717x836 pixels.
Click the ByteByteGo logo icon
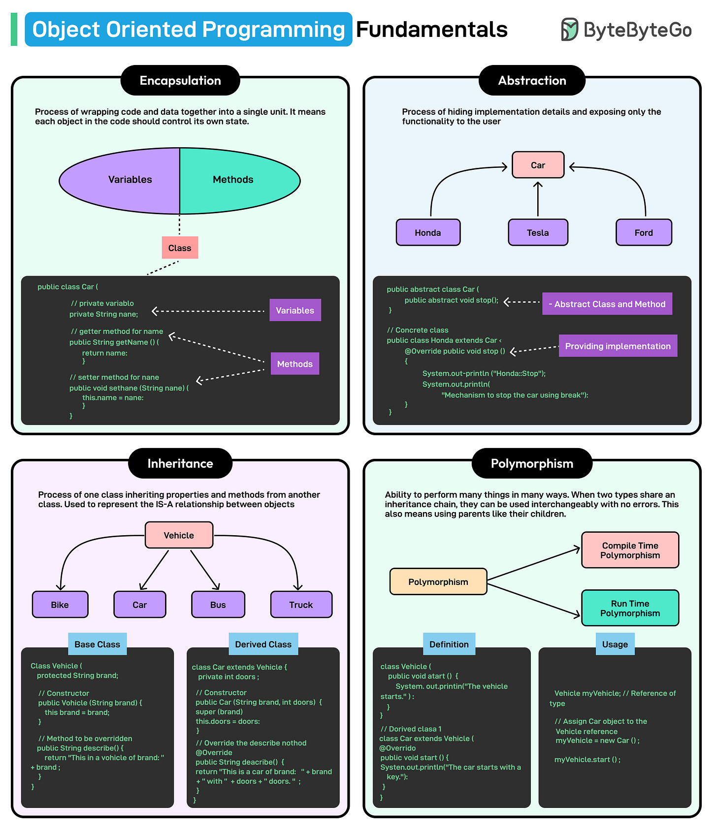tap(569, 30)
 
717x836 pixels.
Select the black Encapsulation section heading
tap(180, 81)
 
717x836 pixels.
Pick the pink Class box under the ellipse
tap(180, 248)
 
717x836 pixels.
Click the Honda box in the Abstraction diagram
tap(428, 232)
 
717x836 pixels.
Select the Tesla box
tap(538, 232)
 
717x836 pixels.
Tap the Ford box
tap(644, 232)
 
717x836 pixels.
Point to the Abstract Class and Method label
tap(607, 304)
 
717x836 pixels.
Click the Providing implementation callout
tap(618, 346)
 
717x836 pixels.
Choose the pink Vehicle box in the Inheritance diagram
tap(179, 535)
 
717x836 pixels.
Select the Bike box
tap(60, 605)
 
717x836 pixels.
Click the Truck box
tap(301, 605)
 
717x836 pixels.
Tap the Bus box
tap(218, 605)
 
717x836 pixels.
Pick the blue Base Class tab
tap(98, 644)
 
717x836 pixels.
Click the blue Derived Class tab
tap(263, 644)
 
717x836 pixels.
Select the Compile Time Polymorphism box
tap(630, 550)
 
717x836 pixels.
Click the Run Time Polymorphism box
tap(630, 608)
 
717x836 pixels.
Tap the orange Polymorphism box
tap(438, 581)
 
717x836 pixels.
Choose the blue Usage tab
tap(615, 644)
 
